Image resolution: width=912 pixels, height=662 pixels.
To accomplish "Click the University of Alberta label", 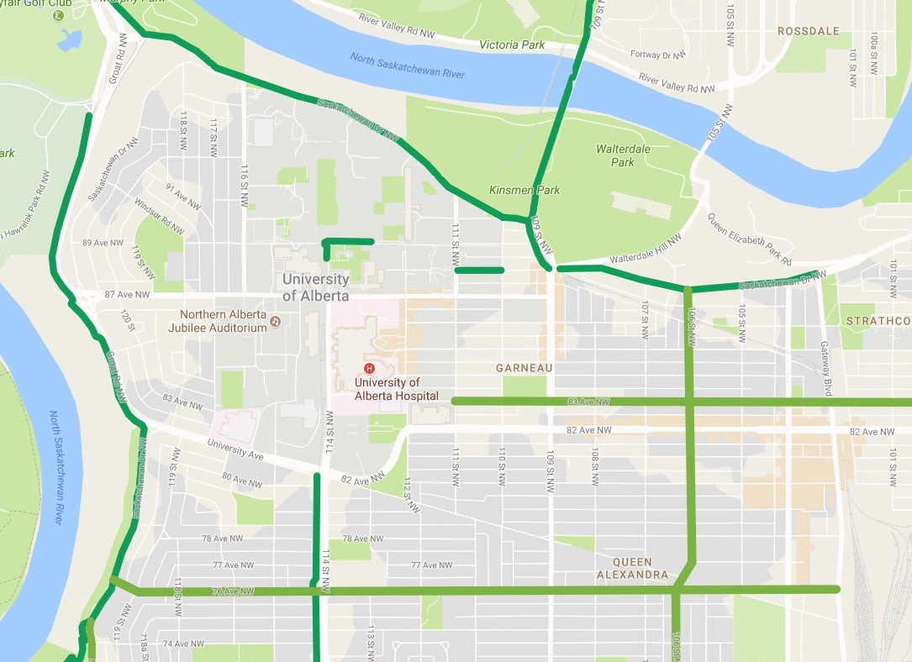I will pyautogui.click(x=316, y=286).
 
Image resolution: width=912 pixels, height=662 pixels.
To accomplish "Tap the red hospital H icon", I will pyautogui.click(x=367, y=369).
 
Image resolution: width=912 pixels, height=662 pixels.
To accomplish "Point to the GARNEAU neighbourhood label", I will pyautogui.click(x=524, y=368).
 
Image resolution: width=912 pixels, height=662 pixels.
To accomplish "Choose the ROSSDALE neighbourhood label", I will pyautogui.click(x=808, y=31).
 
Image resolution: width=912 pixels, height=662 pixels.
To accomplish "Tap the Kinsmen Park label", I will pyautogui.click(x=525, y=191).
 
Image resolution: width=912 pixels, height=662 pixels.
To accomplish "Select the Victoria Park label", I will pyautogui.click(x=511, y=45).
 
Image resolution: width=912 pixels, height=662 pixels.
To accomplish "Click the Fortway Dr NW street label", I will pyautogui.click(x=656, y=55).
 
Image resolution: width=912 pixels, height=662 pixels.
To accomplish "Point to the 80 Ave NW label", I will pyautogui.click(x=242, y=480).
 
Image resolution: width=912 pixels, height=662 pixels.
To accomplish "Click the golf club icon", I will pyautogui.click(x=58, y=15).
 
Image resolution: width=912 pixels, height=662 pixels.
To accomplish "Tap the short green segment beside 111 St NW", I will pyautogui.click(x=479, y=270).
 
